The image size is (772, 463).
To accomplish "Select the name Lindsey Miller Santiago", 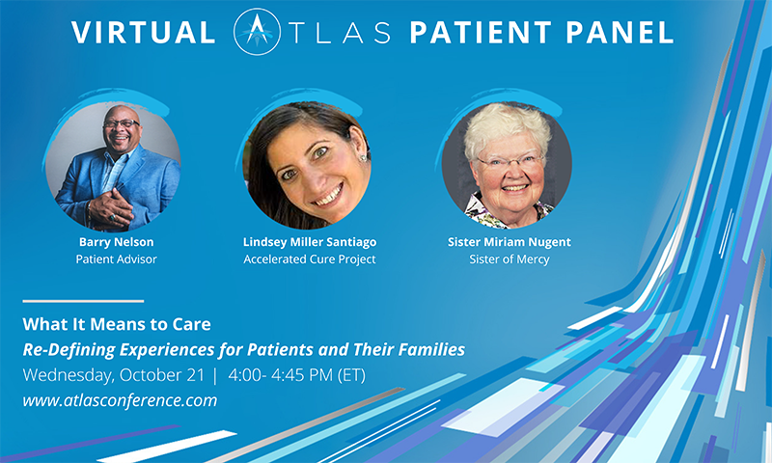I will [309, 242].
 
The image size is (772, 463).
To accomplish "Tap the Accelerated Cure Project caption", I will [309, 259].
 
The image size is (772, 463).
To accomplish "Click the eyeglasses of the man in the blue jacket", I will [120, 124].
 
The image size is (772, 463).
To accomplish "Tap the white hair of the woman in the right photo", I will [507, 125].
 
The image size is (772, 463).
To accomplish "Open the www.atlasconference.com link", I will [120, 399].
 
